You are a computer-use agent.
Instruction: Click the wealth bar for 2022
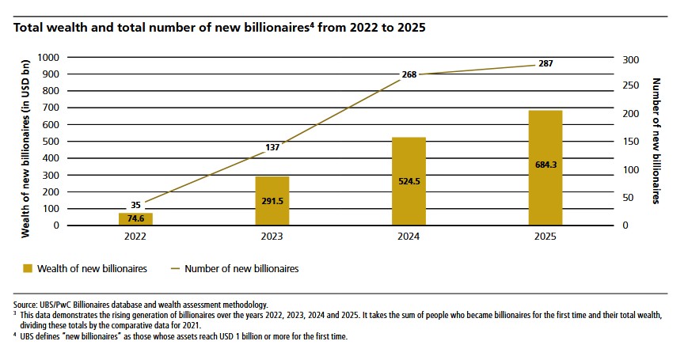point(136,218)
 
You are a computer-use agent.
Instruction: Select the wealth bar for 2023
point(272,200)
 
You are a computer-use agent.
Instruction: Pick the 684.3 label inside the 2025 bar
point(545,164)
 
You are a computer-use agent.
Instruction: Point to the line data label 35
point(135,205)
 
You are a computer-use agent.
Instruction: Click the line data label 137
point(272,147)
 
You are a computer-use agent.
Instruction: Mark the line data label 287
point(545,63)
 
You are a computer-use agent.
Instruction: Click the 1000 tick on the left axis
point(48,58)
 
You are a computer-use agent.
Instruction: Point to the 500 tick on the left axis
point(51,142)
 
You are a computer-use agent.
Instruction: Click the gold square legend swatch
point(18,269)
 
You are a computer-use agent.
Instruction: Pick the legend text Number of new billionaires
point(241,269)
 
